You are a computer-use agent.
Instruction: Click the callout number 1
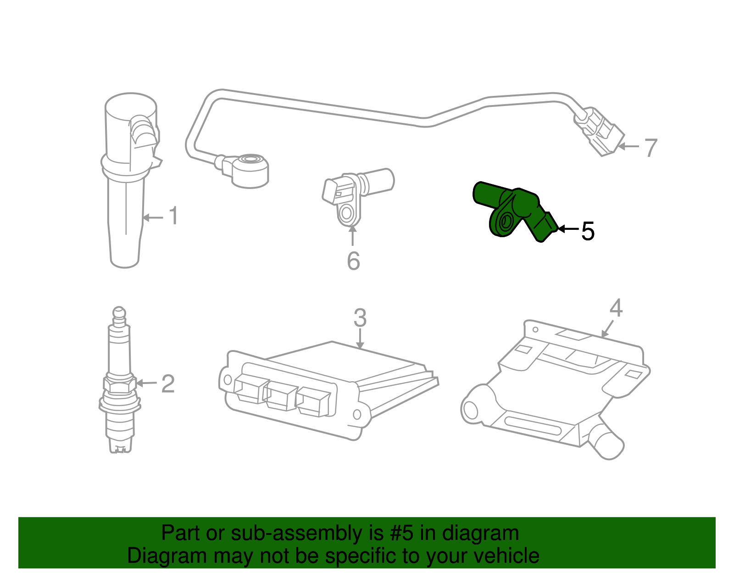(173, 216)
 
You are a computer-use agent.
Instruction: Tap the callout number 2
(168, 384)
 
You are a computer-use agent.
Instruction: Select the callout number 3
(360, 317)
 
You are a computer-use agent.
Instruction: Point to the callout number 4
(616, 308)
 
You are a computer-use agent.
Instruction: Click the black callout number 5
(588, 231)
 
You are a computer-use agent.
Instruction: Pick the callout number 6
(353, 261)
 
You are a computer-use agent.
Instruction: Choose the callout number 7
(651, 148)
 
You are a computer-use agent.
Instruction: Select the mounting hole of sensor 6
(347, 214)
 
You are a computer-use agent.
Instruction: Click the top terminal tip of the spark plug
(119, 312)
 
